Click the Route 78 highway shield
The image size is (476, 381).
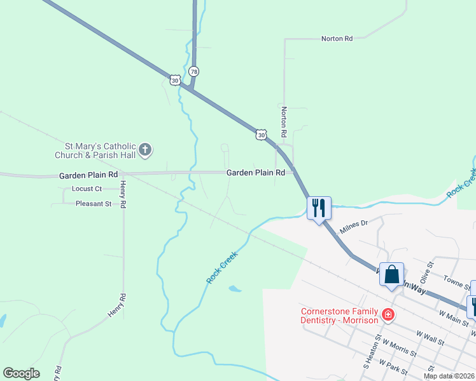(193, 72)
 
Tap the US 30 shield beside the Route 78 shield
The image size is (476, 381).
(175, 79)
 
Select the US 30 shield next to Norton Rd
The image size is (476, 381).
(261, 134)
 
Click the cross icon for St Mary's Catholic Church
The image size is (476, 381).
(146, 150)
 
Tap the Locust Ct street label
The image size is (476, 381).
(87, 189)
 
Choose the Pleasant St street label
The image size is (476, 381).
(94, 204)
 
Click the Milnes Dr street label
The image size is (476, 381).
(354, 227)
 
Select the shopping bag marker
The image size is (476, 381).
(392, 275)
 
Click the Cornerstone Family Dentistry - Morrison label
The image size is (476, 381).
(340, 315)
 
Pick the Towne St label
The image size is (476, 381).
(457, 279)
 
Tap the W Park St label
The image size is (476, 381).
(392, 366)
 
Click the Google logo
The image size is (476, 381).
(22, 373)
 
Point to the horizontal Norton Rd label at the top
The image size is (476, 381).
(337, 39)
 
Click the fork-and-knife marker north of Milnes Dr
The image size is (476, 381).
(319, 207)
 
